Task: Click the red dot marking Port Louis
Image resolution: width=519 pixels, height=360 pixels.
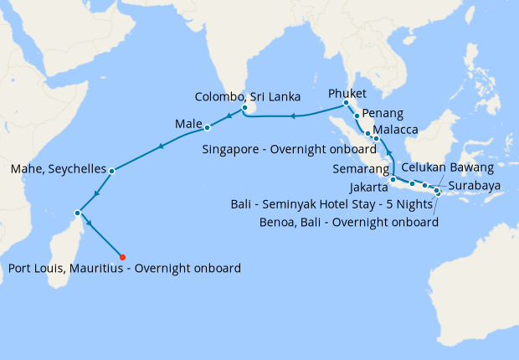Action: click(x=122, y=257)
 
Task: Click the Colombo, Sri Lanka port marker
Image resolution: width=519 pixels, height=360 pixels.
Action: click(x=244, y=108)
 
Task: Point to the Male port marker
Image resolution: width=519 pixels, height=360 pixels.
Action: click(x=207, y=128)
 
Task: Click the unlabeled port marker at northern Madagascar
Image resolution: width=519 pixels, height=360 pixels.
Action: click(x=78, y=212)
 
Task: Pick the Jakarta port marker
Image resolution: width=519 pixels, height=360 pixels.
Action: click(x=393, y=180)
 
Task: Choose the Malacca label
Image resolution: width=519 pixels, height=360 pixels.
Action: click(x=396, y=131)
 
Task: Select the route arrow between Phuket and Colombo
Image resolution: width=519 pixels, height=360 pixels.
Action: click(x=293, y=116)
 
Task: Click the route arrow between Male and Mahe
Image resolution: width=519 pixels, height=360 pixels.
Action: click(x=160, y=148)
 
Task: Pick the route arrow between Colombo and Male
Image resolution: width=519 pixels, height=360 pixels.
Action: click(x=226, y=117)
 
